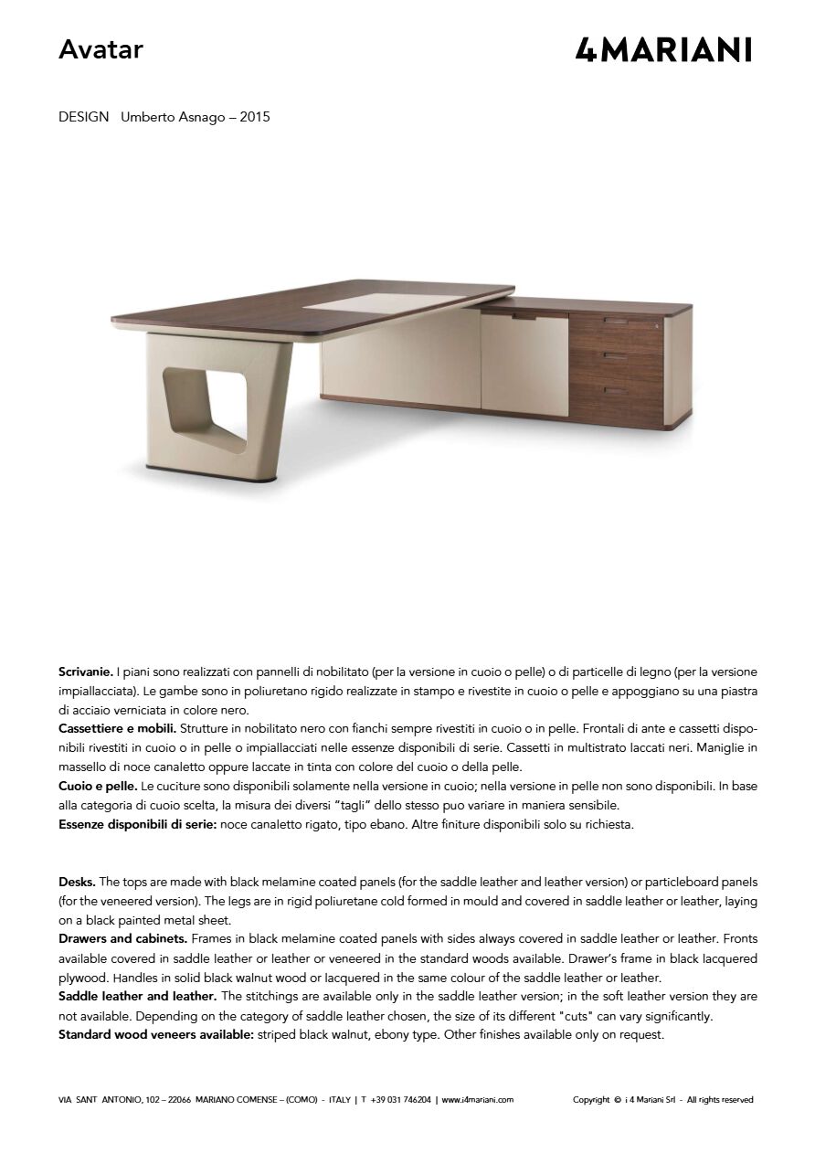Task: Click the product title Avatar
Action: point(101,50)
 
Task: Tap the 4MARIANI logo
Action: point(663,49)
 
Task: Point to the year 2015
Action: point(255,117)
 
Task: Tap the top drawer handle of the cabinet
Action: point(618,323)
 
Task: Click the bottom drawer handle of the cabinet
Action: point(617,391)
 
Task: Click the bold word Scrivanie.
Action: point(86,672)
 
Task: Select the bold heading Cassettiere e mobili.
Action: point(117,729)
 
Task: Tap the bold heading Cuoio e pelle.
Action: point(98,786)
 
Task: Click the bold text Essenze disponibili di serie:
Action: point(138,824)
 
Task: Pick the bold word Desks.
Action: point(77,882)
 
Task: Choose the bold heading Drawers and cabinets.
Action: point(123,939)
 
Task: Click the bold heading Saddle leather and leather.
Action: point(137,996)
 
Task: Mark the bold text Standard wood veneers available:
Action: point(155,1035)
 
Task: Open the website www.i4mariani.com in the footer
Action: point(478,1100)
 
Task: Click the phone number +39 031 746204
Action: point(401,1100)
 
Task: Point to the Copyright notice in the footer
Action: point(662,1100)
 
